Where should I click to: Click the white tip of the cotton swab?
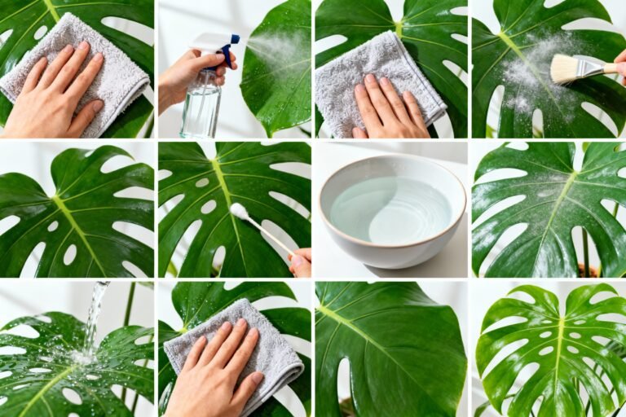click(x=238, y=211)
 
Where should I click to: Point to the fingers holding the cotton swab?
click(x=300, y=262)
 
